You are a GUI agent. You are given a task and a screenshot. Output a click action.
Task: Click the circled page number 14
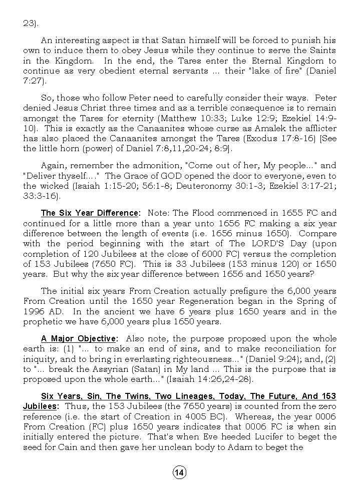[x=179, y=471]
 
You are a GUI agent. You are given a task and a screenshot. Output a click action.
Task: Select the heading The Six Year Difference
[x=90, y=213]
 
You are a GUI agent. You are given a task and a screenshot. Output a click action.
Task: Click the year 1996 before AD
[x=34, y=311]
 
